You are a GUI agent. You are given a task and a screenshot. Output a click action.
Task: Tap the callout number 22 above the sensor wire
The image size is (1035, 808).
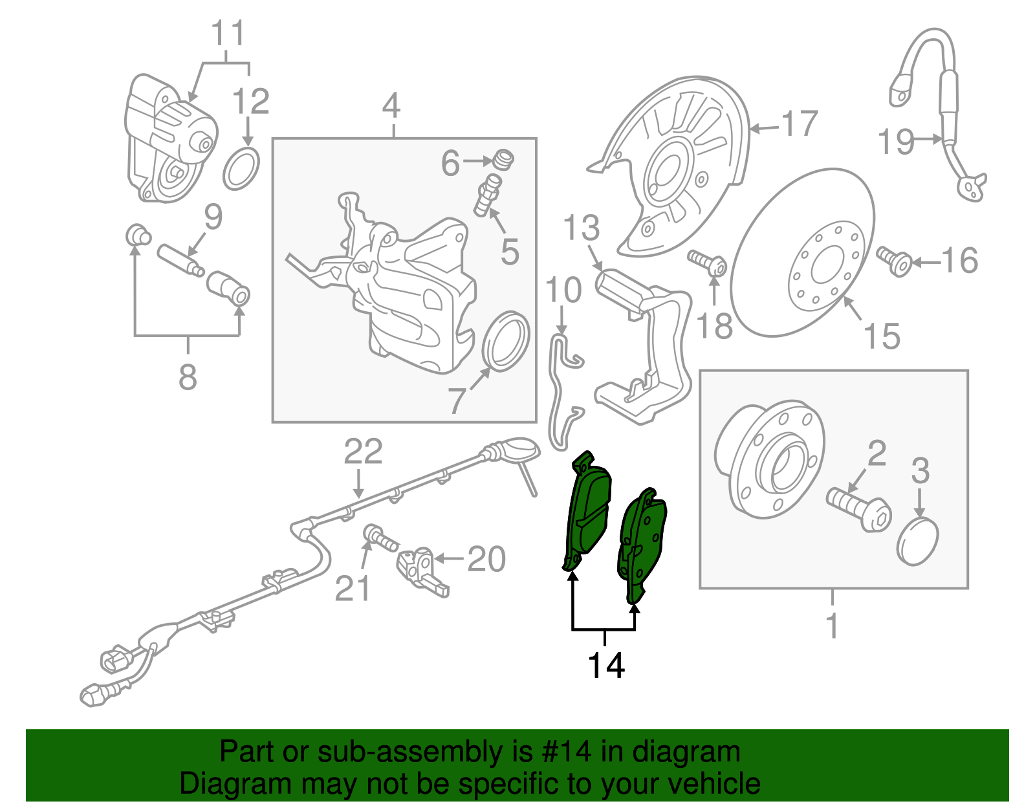[364, 452]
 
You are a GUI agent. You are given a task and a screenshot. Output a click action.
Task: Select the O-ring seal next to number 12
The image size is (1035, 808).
[241, 169]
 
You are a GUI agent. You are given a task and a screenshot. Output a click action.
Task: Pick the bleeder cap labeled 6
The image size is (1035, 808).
[503, 160]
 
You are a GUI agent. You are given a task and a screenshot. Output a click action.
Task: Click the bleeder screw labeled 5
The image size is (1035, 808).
[487, 195]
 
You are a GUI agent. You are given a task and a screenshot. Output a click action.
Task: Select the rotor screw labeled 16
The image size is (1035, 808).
[894, 261]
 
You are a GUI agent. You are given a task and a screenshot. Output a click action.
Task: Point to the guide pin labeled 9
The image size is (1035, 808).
[180, 260]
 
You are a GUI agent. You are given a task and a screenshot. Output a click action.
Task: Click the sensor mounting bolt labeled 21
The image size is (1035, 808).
[380, 538]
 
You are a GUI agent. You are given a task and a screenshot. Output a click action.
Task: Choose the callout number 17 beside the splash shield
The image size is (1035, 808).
[800, 124]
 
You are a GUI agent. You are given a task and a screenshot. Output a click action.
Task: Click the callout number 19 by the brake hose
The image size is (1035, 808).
[896, 142]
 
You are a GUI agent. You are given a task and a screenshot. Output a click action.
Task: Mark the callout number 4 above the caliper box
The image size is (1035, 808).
[391, 105]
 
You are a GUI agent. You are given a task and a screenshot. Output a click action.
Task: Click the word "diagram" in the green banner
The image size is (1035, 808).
[686, 752]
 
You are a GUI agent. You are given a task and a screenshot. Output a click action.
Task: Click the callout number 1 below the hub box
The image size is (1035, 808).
[832, 626]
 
